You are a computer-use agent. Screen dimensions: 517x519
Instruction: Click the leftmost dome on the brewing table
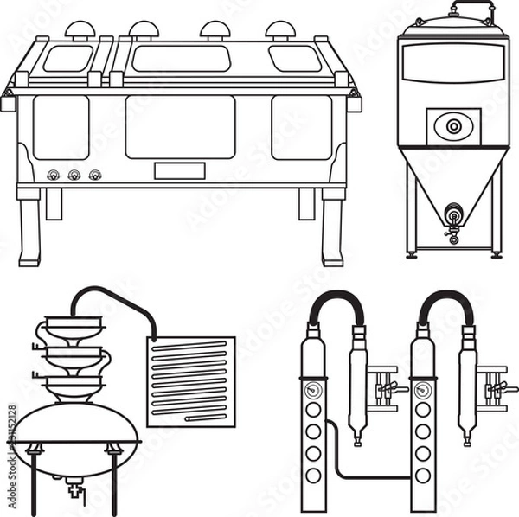pyautogui.click(x=80, y=29)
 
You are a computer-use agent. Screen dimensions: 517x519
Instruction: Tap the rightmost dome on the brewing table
pyautogui.click(x=280, y=29)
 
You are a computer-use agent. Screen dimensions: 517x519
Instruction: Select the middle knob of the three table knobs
pyautogui.click(x=74, y=175)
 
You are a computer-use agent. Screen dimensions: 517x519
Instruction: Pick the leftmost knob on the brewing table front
pyautogui.click(x=53, y=175)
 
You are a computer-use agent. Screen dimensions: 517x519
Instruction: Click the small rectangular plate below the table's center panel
pyautogui.click(x=179, y=170)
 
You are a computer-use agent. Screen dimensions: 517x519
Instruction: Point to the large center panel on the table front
pyautogui.click(x=180, y=127)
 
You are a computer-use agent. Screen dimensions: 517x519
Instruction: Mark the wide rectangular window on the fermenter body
pyautogui.click(x=453, y=62)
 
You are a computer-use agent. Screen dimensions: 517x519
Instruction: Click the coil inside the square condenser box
pyautogui.click(x=190, y=380)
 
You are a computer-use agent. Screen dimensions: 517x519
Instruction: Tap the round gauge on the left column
pyautogui.click(x=313, y=390)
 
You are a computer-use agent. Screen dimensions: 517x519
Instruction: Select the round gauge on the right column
pyautogui.click(x=423, y=390)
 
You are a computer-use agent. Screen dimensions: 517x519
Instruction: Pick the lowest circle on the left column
pyautogui.click(x=313, y=476)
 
